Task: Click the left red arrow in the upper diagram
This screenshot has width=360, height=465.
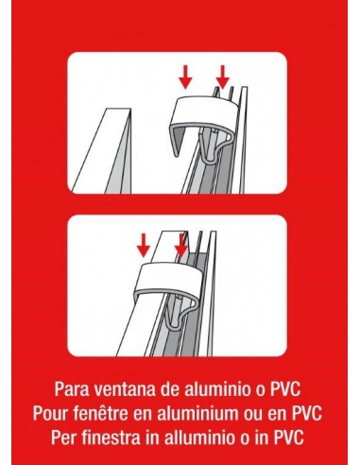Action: (x=185, y=77)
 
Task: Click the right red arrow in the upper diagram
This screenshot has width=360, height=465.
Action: (x=223, y=77)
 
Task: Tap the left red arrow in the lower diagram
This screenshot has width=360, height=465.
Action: (x=144, y=245)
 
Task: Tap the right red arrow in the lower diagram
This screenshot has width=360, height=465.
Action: (x=181, y=245)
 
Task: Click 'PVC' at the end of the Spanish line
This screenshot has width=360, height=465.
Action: (x=284, y=389)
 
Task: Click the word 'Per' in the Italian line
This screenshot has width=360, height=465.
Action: (x=63, y=437)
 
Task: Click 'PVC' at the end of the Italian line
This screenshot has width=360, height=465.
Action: (x=289, y=437)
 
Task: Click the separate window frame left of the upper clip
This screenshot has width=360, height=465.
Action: (x=102, y=150)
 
